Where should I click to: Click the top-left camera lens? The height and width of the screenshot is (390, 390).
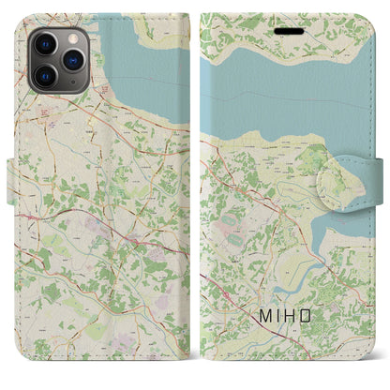click(43, 42)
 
